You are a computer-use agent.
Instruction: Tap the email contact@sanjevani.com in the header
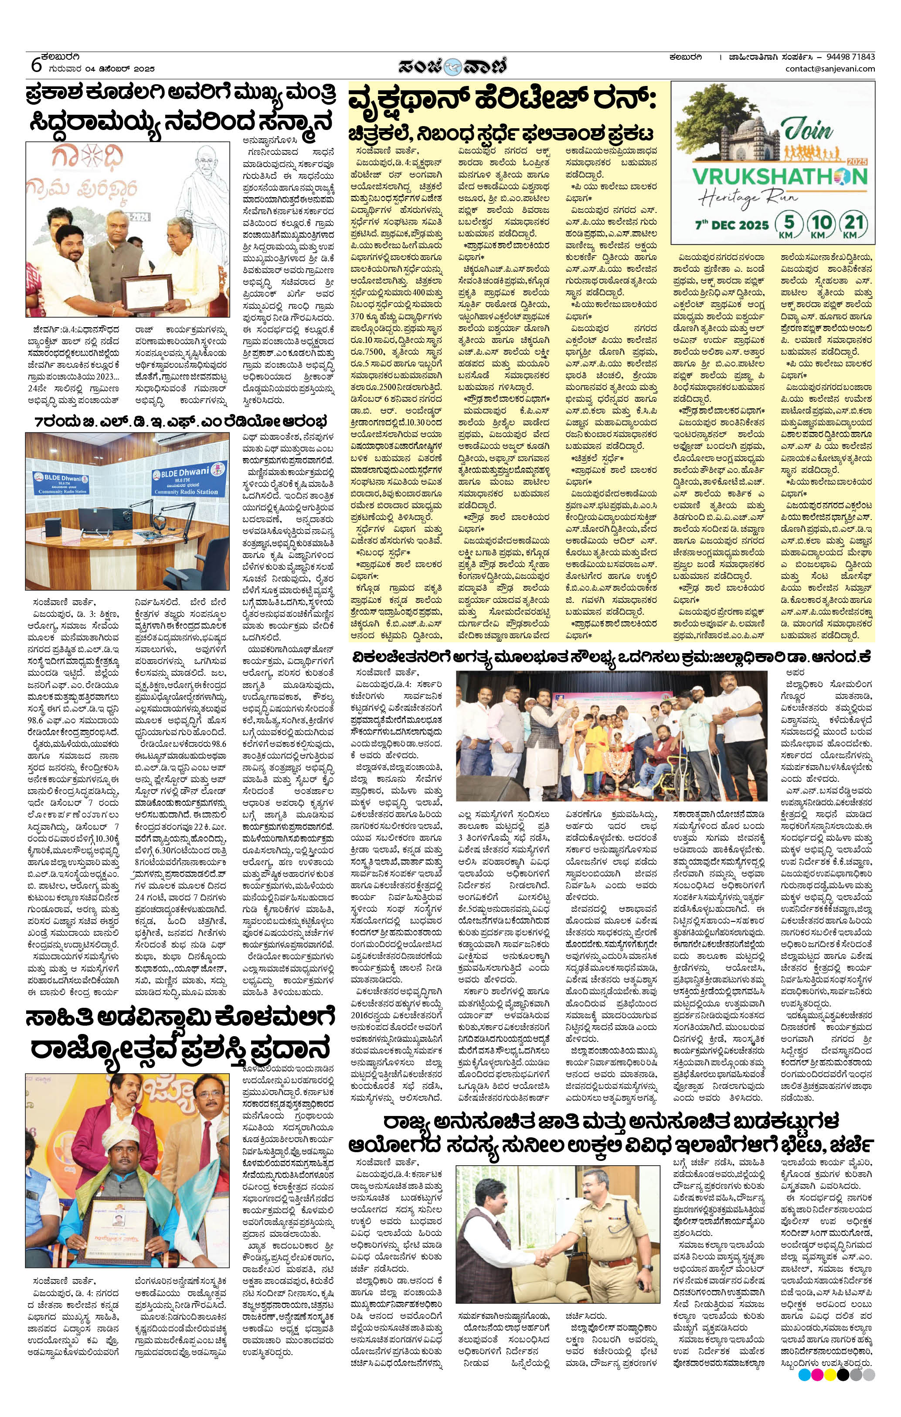pyautogui.click(x=830, y=69)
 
